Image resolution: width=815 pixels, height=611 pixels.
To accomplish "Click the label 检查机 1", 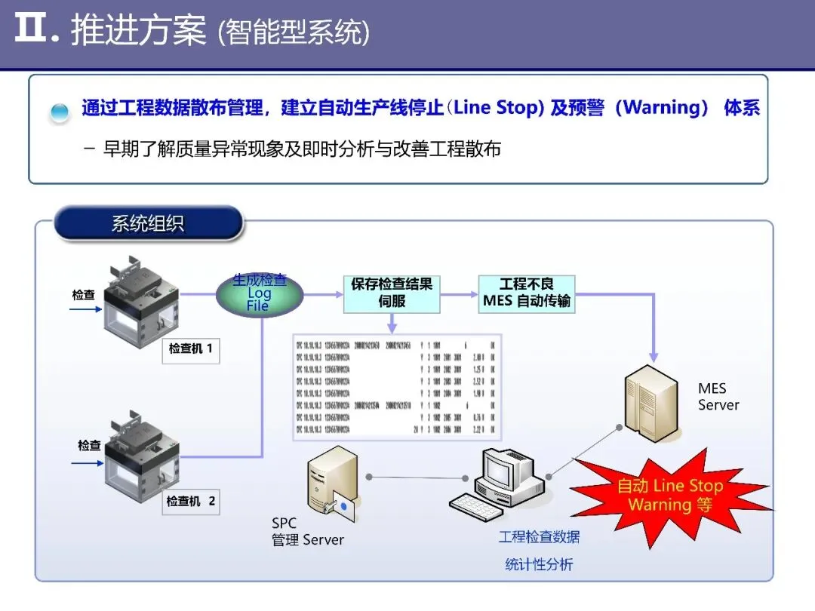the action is [x=190, y=349].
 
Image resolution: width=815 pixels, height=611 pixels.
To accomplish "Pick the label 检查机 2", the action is [x=191, y=501].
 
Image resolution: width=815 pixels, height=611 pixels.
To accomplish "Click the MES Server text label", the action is [x=718, y=397].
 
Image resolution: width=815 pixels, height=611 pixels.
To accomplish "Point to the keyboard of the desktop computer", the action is [x=483, y=505].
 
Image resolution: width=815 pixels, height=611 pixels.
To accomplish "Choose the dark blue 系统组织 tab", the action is [x=148, y=223].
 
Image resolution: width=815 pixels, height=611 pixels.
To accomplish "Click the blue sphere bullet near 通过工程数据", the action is [x=60, y=112].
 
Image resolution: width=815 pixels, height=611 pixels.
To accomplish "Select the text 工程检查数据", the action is [x=539, y=537].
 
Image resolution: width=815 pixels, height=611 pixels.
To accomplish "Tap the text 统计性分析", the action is [x=539, y=564].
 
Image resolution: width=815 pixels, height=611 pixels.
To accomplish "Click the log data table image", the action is [x=396, y=387].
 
